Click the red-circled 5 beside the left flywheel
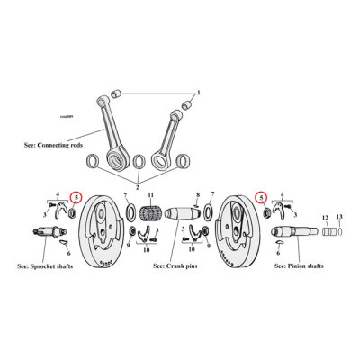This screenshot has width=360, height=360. pos(76,197)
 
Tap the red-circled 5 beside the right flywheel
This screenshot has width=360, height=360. pos(262,197)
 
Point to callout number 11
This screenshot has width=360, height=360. pos(151,195)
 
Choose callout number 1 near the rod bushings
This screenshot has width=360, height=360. pos(200,94)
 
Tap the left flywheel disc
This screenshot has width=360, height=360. pos(106,238)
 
